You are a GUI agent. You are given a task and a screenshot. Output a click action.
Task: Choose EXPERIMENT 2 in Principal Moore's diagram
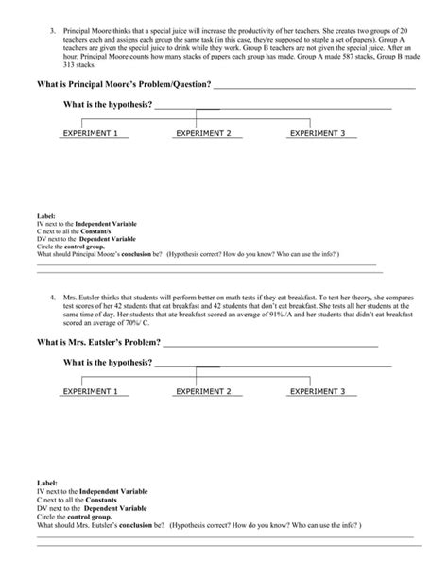coord(203,134)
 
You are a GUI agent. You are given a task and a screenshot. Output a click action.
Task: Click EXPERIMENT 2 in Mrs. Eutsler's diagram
coord(203,391)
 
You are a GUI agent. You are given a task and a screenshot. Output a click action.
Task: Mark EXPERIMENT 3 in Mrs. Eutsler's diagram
coord(318,391)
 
